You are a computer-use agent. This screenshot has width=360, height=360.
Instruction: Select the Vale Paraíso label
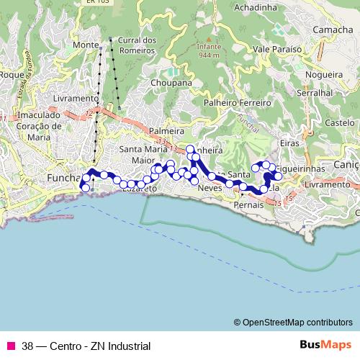pyautogui.click(x=276, y=50)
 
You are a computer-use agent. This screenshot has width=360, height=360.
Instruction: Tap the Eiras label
pyautogui.click(x=289, y=144)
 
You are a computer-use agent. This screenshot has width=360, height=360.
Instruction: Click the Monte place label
pyautogui.click(x=85, y=45)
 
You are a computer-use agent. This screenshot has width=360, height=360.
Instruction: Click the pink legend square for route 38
pyautogui.click(x=11, y=346)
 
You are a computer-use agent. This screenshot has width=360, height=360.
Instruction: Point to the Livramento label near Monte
pyautogui.click(x=76, y=98)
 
